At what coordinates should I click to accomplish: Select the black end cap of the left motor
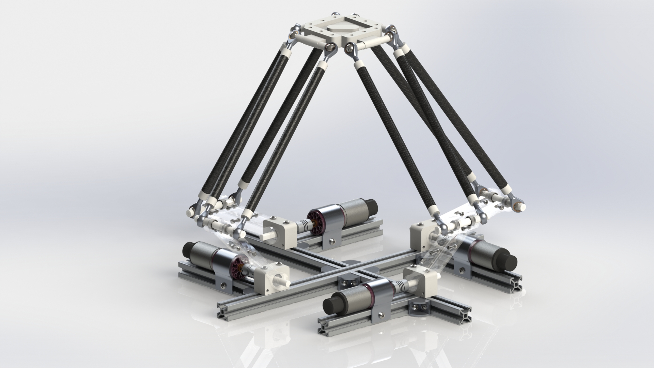coord(188,249)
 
